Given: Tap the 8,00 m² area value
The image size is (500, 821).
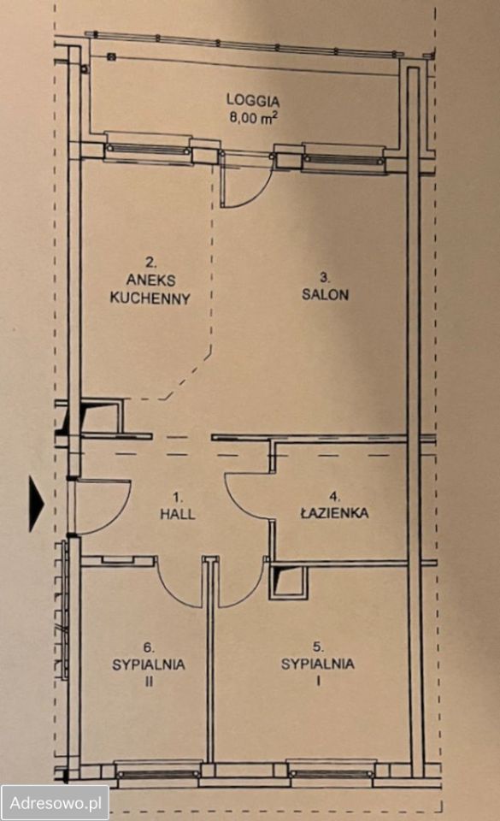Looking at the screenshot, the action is [253, 117].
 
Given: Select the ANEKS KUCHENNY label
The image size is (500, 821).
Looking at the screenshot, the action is [150, 288].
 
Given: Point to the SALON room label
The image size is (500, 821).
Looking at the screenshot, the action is [325, 294].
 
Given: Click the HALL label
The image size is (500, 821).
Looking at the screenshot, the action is [177, 514].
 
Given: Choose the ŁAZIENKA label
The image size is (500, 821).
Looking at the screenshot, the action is [334, 511].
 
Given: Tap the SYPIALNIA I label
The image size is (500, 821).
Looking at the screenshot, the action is [317, 664].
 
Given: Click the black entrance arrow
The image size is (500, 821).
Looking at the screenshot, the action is [36, 505].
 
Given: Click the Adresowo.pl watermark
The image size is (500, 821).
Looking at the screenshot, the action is [55, 803].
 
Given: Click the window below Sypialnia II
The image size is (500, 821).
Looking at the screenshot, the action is [157, 773].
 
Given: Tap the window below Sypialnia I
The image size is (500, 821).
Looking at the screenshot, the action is [331, 773].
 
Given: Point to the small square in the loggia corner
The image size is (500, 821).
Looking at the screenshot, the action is [111, 56].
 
